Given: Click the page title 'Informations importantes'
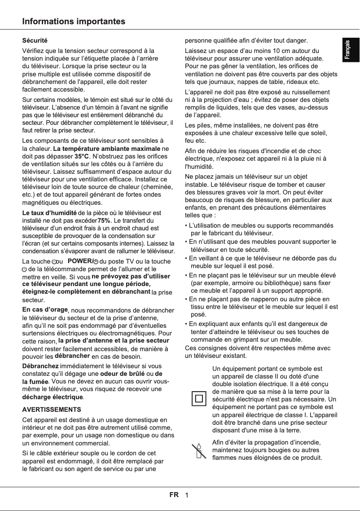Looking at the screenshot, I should (x=74, y=22).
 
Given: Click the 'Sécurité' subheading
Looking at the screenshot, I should (x=35, y=41).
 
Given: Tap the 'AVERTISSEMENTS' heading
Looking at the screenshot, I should (x=52, y=410).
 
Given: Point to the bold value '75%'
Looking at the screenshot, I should (x=104, y=220).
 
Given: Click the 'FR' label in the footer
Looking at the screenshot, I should (x=174, y=495).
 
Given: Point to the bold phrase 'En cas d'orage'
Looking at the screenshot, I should (x=45, y=310).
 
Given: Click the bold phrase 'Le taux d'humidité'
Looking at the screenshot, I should (x=49, y=212).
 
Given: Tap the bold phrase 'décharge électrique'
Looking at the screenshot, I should (x=53, y=397).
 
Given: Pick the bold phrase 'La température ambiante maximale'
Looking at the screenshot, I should (x=106, y=148).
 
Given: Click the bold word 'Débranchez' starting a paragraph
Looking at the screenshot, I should (x=40, y=366).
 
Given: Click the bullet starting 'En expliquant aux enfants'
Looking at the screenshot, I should (x=258, y=324).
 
